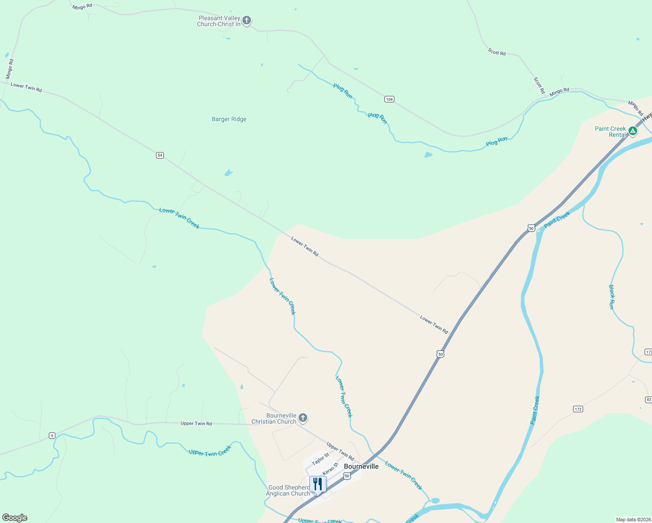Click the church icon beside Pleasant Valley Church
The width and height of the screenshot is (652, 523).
(247, 20)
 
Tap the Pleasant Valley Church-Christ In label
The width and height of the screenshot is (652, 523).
(219, 21)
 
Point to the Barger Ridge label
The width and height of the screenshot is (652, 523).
(229, 119)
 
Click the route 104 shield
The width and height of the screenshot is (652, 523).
(389, 99)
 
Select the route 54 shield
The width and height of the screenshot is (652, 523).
(160, 155)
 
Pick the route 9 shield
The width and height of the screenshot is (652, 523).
(52, 435)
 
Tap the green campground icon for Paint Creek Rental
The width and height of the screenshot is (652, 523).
(633, 131)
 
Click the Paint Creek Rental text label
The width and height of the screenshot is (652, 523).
(610, 132)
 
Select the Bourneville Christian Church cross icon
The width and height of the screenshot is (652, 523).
(303, 418)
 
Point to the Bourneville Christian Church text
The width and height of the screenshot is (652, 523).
(274, 419)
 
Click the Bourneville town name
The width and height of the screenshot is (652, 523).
(361, 466)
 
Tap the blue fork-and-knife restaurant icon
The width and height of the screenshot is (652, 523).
(318, 484)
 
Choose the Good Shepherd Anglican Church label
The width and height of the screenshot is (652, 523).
(289, 491)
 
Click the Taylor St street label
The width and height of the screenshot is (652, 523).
(321, 459)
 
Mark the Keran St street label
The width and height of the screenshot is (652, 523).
(330, 469)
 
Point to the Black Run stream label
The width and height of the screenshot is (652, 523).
(611, 297)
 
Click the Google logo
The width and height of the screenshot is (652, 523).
(15, 518)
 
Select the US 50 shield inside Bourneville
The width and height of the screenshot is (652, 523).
(347, 476)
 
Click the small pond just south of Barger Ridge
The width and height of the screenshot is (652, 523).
(228, 173)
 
